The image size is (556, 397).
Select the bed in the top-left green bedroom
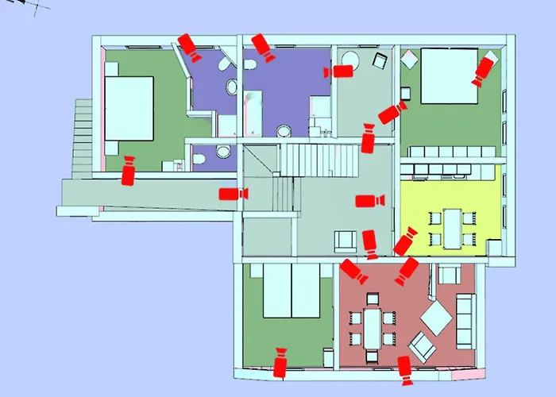click(x=128, y=106)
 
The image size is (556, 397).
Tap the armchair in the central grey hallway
click(x=346, y=241)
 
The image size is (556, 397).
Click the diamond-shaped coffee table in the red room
click(x=436, y=318)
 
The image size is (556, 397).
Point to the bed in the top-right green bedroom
click(x=448, y=76)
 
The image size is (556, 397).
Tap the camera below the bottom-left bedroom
click(x=280, y=363)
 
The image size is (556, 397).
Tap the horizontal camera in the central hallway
click(x=369, y=200)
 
